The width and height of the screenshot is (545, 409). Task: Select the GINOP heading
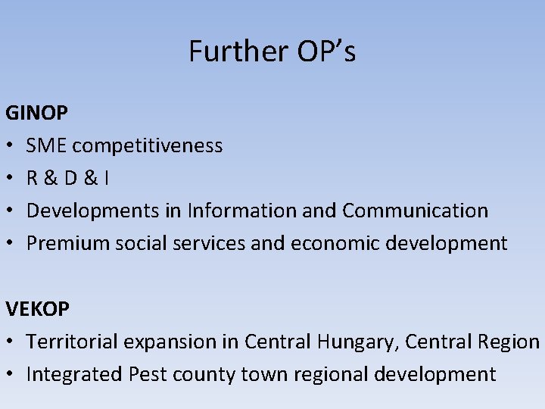click(37, 114)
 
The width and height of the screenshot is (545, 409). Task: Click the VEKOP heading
click(38, 309)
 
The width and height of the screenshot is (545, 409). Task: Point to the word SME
click(48, 145)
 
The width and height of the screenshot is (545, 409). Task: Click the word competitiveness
click(148, 145)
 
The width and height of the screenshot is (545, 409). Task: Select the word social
click(132, 243)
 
